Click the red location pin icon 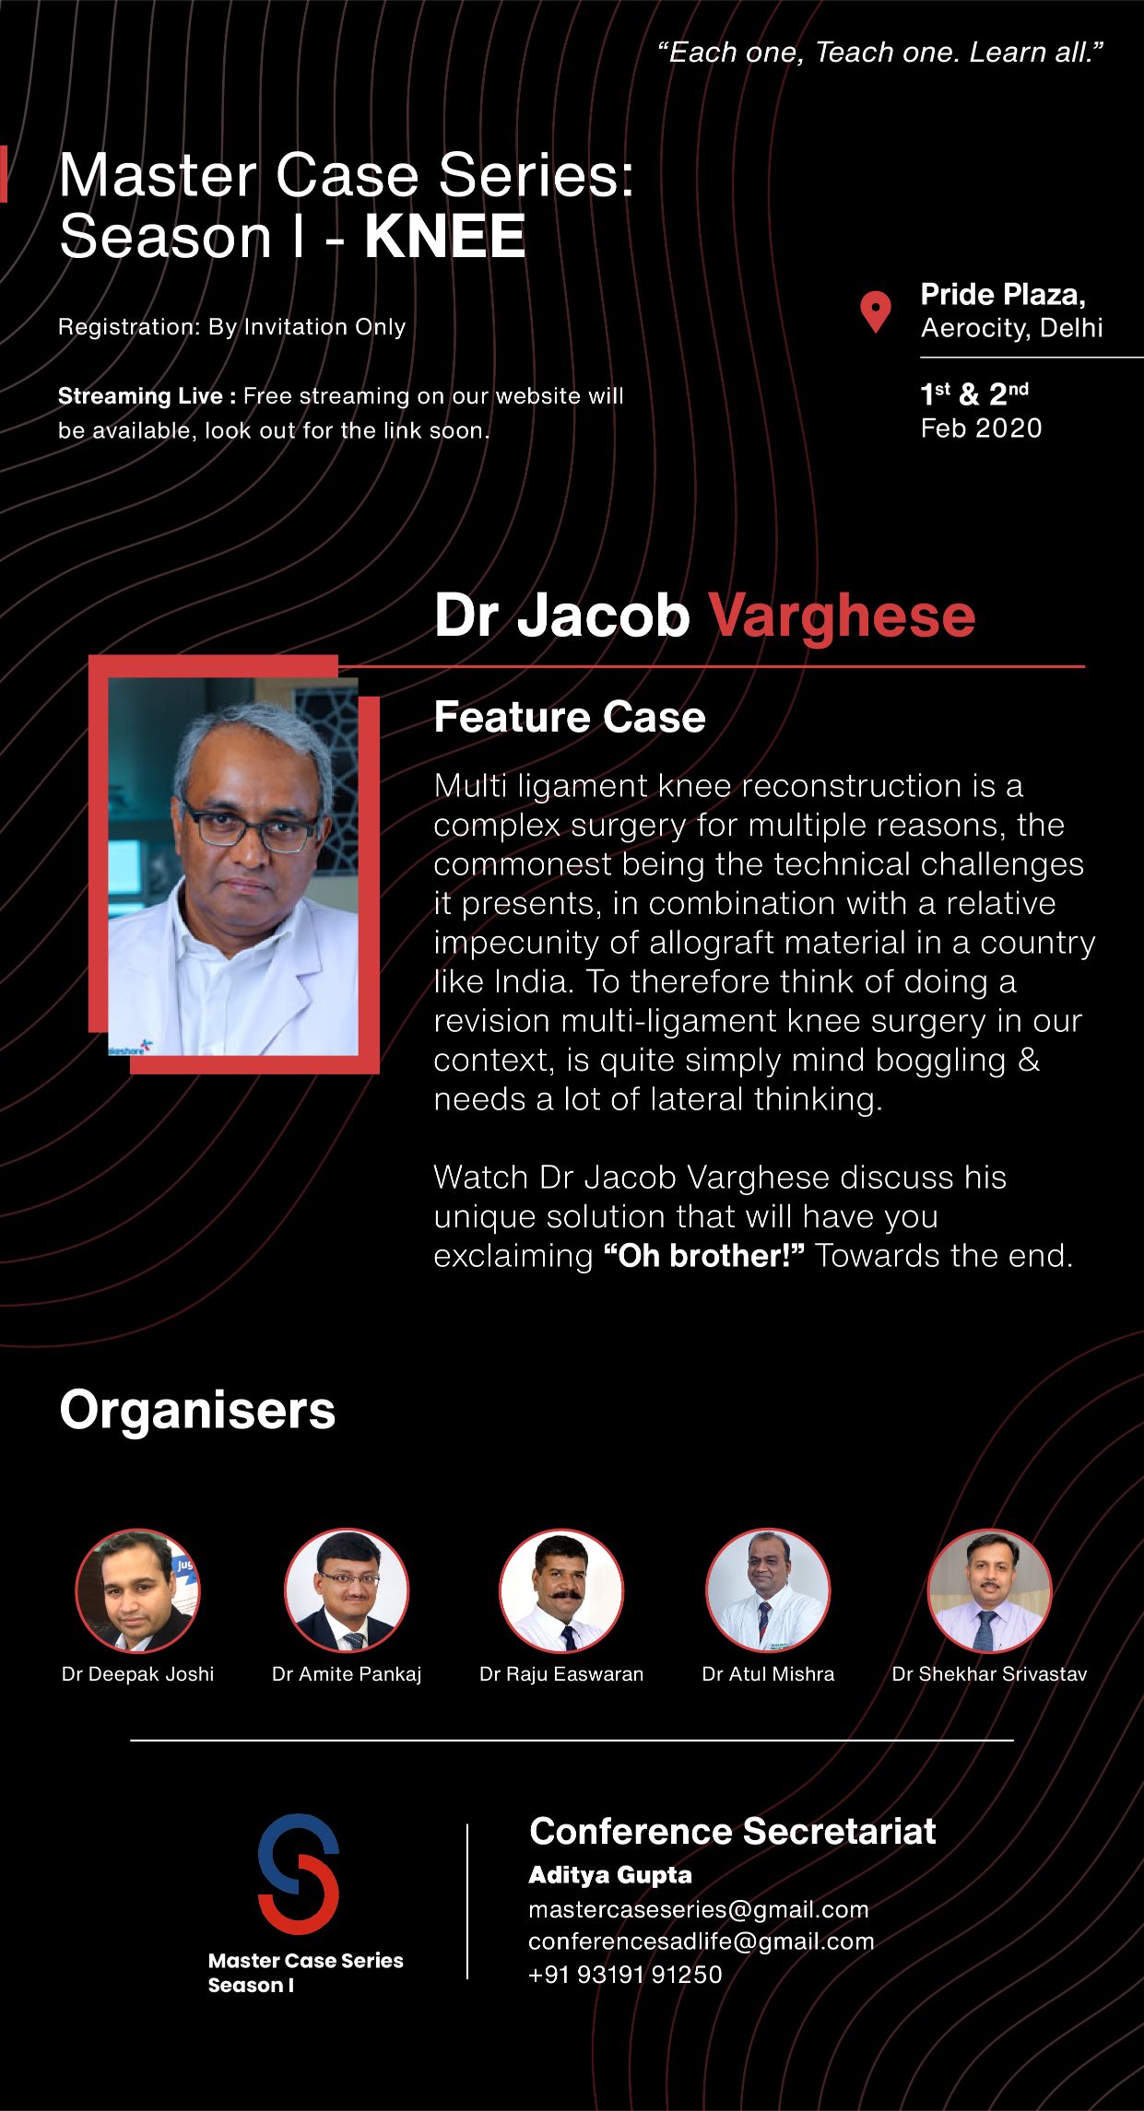tap(875, 312)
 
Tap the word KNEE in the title tap(445, 237)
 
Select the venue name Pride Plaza tap(1003, 295)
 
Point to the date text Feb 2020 tap(981, 428)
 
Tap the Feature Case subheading tap(570, 717)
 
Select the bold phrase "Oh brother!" tap(704, 1256)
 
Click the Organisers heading tap(197, 1410)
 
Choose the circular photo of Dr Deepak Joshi tap(137, 1591)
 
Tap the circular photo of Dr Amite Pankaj tap(347, 1591)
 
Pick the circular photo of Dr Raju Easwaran tap(561, 1591)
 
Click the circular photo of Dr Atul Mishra tap(768, 1591)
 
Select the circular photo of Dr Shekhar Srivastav tap(989, 1591)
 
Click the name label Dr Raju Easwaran tap(561, 1674)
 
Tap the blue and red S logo tap(298, 1874)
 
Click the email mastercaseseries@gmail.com tap(699, 1909)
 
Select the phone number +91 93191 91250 tap(625, 1975)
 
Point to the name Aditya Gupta tap(610, 1875)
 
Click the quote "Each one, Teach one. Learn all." tap(880, 53)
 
